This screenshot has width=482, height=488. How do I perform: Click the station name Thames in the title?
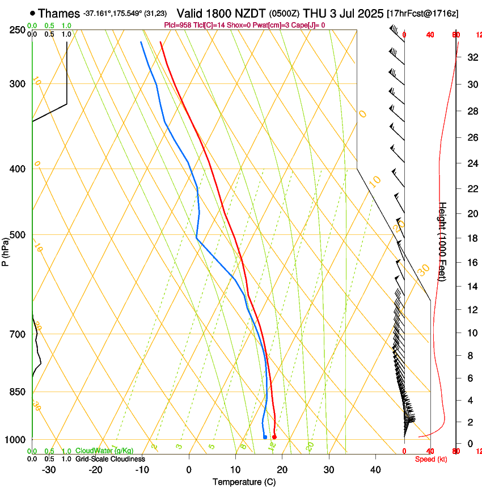tap(60, 13)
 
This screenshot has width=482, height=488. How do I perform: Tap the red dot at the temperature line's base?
tap(274, 437)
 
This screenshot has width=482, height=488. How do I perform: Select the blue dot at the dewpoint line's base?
tap(265, 437)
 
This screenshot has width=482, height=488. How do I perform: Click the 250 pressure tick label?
tap(18, 30)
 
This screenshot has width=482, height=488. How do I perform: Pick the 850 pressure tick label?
tap(18, 392)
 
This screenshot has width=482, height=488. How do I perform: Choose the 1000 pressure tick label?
tap(15, 440)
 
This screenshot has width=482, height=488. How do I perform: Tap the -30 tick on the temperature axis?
tap(49, 469)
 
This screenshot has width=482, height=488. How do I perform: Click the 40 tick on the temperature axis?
tap(375, 469)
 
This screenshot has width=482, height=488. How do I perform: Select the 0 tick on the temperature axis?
tap(189, 469)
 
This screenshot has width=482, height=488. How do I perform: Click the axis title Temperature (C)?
tap(244, 482)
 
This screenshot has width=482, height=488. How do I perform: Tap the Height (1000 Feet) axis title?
tap(443, 242)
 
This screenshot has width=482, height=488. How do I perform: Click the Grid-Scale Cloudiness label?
tap(110, 459)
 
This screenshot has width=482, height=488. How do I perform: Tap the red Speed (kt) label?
tap(431, 459)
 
